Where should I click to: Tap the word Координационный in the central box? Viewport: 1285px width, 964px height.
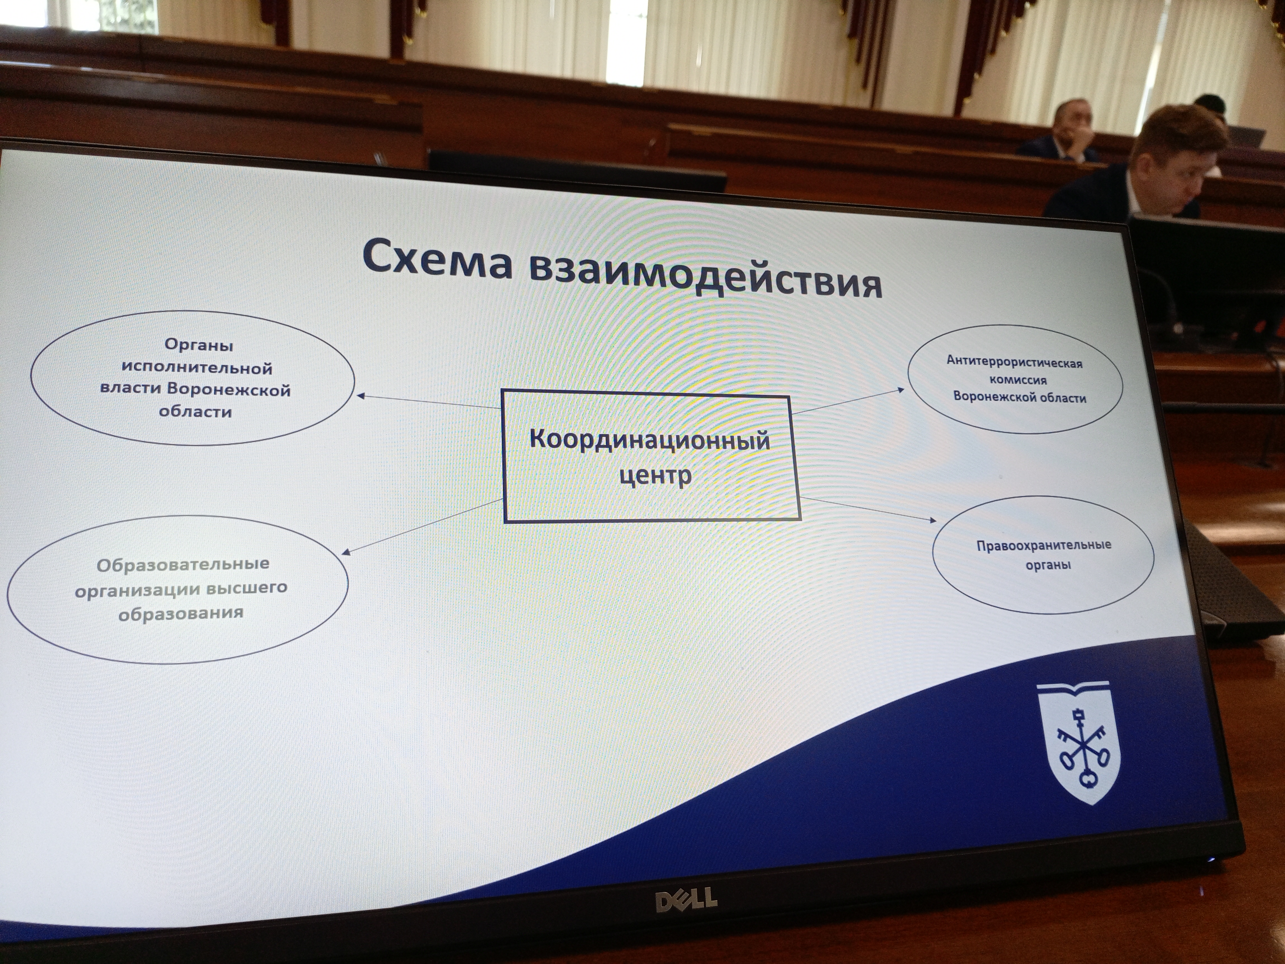click(649, 440)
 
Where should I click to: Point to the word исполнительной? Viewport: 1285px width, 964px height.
click(197, 368)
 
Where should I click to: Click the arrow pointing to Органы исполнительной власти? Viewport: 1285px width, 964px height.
click(429, 401)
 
